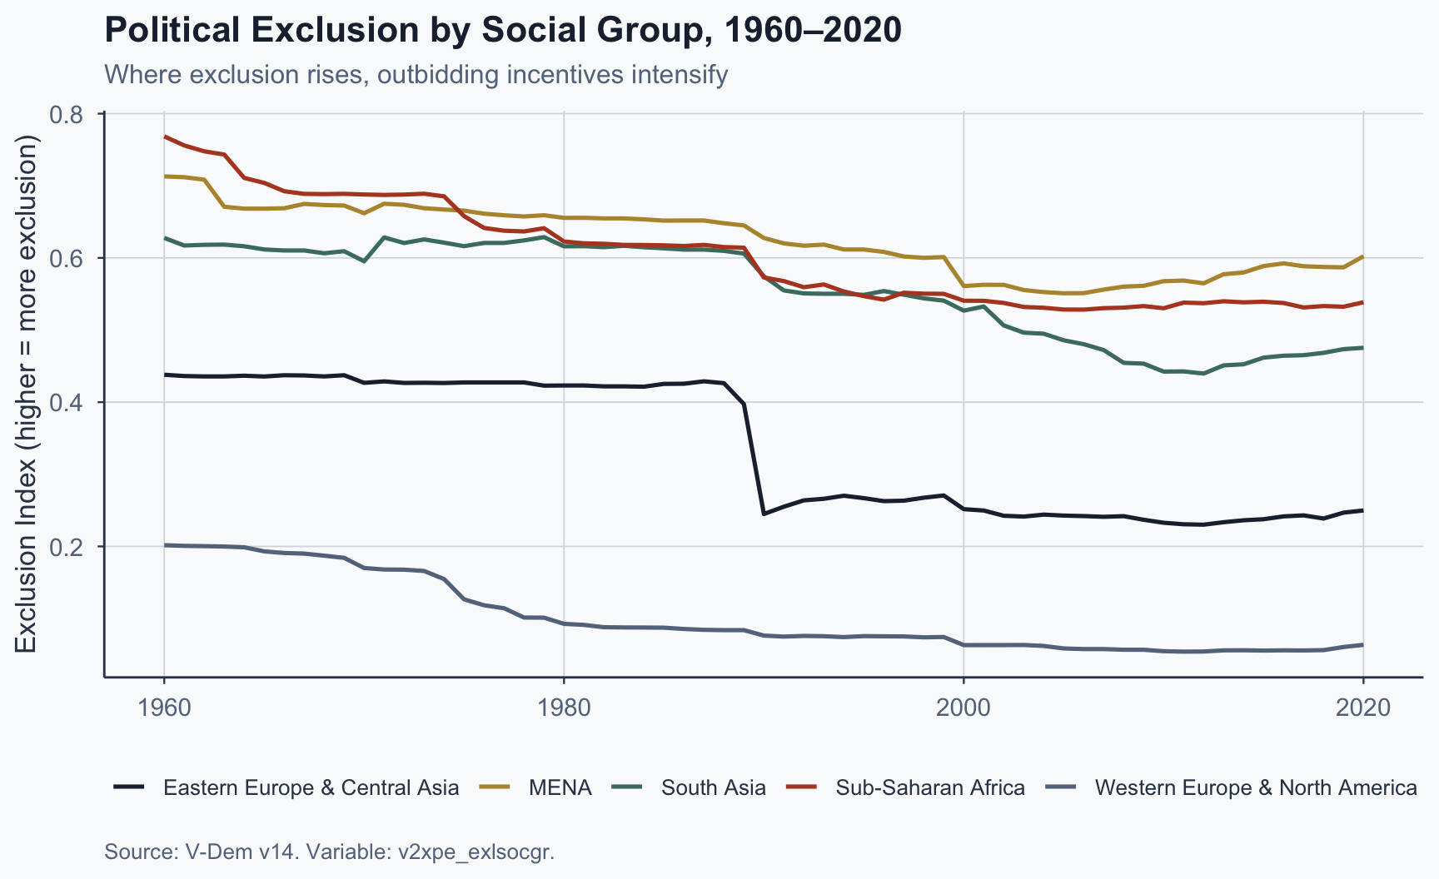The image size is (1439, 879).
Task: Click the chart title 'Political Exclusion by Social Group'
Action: click(502, 31)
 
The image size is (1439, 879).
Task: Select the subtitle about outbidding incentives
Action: click(416, 75)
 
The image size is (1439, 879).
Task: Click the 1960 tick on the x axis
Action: click(164, 708)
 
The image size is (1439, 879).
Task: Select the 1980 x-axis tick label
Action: click(564, 708)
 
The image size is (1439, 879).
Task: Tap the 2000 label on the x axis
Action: click(963, 708)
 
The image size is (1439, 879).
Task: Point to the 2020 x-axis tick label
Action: click(1363, 708)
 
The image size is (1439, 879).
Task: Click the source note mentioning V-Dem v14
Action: click(329, 852)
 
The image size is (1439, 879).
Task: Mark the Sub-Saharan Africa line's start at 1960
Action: click(164, 137)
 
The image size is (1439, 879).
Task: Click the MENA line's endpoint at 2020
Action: click(1363, 256)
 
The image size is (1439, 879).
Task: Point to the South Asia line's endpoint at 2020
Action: click(1363, 347)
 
